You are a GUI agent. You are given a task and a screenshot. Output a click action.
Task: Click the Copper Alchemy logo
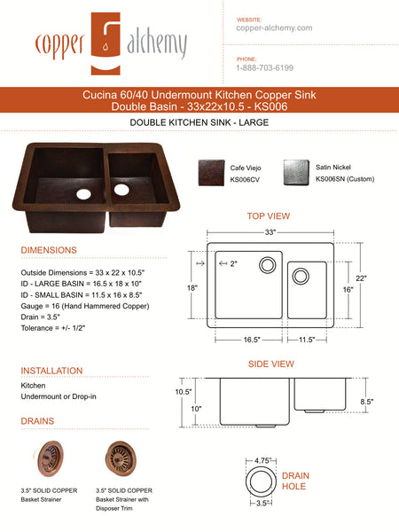(110, 43)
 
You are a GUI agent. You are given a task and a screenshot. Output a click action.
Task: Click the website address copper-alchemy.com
(274, 28)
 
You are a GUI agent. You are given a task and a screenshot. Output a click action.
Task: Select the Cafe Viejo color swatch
(211, 171)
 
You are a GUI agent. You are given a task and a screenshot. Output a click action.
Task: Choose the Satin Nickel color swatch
(295, 171)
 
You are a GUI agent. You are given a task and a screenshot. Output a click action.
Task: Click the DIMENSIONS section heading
(49, 250)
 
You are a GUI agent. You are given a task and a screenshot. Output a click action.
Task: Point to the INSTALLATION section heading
(51, 371)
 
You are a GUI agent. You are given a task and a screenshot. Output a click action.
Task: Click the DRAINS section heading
(37, 420)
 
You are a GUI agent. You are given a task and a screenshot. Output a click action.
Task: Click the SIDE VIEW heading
(270, 364)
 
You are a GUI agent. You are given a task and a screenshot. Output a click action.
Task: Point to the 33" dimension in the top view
(270, 232)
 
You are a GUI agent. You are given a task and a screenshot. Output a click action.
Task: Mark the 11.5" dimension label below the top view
(308, 339)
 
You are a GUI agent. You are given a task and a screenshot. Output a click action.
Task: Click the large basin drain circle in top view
(267, 265)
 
